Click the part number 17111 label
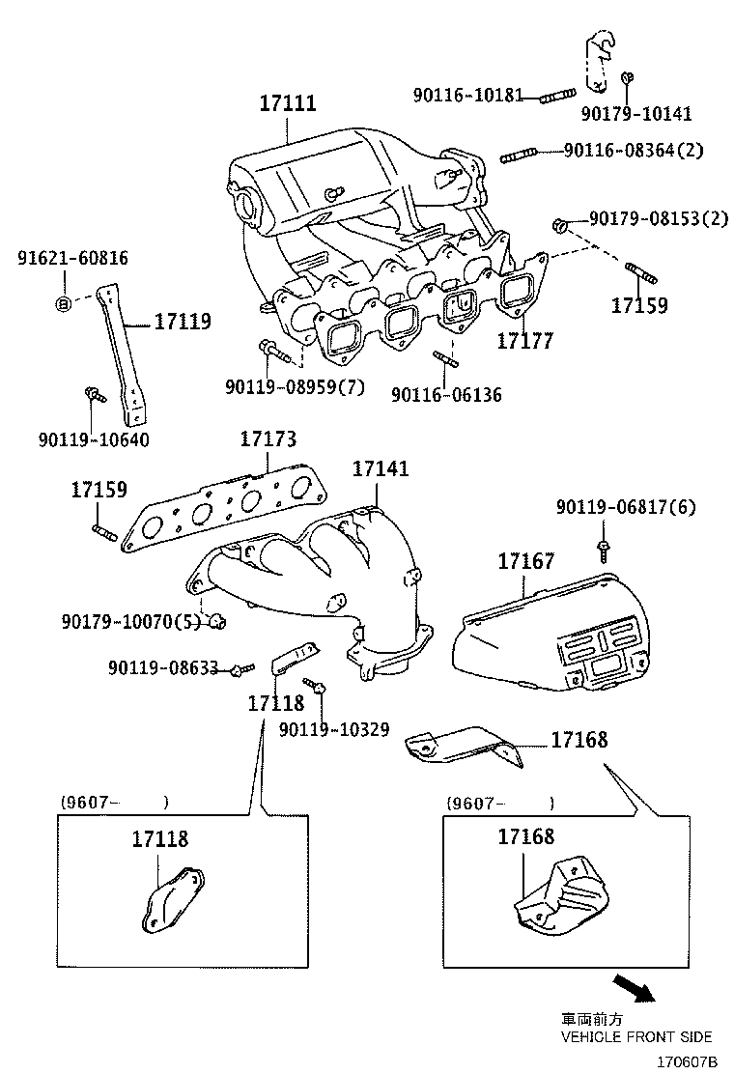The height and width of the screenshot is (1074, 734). [x=288, y=103]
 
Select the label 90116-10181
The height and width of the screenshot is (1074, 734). [x=467, y=96]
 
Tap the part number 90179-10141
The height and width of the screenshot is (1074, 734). [x=635, y=114]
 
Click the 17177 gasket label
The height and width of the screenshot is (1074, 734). [x=525, y=340]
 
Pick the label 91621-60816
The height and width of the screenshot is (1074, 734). [x=72, y=258]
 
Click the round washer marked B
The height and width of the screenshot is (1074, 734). [x=64, y=304]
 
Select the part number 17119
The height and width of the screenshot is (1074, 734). [x=182, y=322]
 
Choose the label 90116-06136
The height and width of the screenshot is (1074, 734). [x=446, y=395]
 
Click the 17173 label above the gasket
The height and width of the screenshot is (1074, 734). [x=268, y=439]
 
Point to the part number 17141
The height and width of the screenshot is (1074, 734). [x=381, y=468]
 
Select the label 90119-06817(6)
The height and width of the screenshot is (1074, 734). [x=626, y=507]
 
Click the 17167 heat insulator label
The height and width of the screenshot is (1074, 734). [x=526, y=561]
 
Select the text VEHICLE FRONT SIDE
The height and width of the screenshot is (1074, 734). [x=636, y=1036]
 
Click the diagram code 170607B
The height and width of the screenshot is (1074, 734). [x=689, y=1060]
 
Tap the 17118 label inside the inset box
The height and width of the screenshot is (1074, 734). [x=160, y=839]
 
